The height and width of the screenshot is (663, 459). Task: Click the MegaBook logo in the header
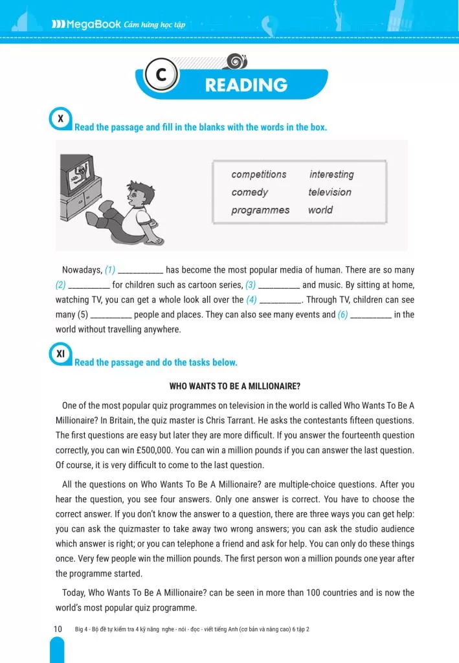(x=86, y=25)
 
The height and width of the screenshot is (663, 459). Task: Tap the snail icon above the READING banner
(x=238, y=62)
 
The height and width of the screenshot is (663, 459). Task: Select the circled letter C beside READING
(x=159, y=76)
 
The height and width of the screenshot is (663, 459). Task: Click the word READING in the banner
(x=246, y=85)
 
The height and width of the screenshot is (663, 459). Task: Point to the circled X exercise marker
(x=60, y=119)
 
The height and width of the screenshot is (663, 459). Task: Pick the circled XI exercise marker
(x=60, y=354)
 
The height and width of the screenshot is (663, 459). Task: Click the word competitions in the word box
(x=258, y=175)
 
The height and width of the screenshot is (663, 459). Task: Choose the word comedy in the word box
(x=249, y=192)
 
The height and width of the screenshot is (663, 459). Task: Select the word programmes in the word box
(x=260, y=210)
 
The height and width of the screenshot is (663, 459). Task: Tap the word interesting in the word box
(x=331, y=175)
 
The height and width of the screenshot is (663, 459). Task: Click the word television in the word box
(x=330, y=192)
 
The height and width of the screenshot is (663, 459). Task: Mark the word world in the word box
(x=320, y=210)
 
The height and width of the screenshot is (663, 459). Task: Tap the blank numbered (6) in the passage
(x=371, y=316)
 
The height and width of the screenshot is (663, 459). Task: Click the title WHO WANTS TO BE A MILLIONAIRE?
(x=229, y=387)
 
